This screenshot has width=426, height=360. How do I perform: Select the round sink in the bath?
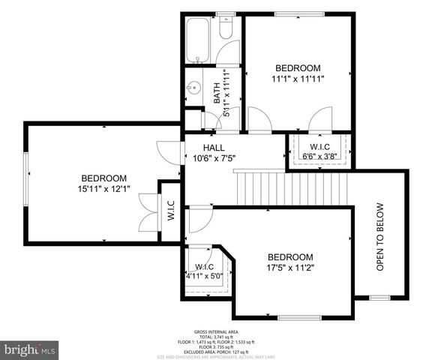[193, 88]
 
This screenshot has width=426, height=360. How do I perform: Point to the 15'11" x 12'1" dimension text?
[103, 189]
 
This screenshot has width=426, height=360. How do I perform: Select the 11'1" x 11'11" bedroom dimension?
[297, 77]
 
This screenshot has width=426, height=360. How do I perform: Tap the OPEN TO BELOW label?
[379, 236]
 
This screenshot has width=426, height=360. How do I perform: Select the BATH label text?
[217, 94]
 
